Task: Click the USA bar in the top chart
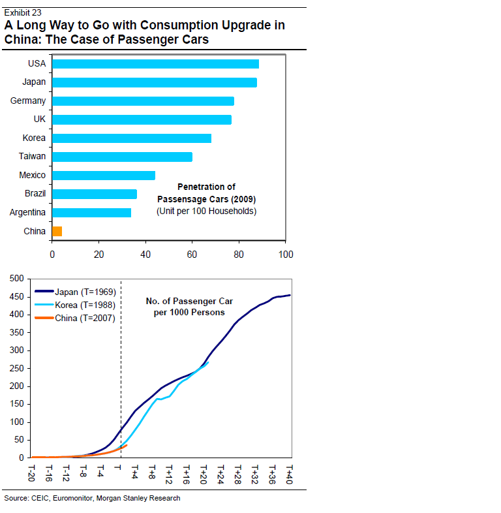[x=155, y=64]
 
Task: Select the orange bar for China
[x=57, y=231]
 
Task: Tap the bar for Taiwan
[x=122, y=157]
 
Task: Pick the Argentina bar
[x=91, y=213]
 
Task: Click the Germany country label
[x=28, y=101]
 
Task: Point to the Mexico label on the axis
[x=32, y=176]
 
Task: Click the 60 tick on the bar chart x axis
[x=192, y=255]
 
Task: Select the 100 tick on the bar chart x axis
[x=285, y=255]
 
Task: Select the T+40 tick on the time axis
[x=290, y=473]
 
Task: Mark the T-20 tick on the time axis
[x=31, y=473]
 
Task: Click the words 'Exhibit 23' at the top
[x=22, y=12]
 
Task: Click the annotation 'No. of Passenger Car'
[x=189, y=302]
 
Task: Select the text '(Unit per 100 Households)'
[x=206, y=211]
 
